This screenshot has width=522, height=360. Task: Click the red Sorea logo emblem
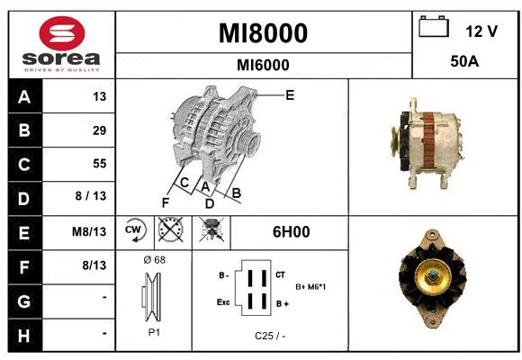[62, 33]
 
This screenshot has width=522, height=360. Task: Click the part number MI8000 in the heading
[263, 33]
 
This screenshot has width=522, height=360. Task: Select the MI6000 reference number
[263, 65]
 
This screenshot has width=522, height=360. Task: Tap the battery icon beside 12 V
[434, 26]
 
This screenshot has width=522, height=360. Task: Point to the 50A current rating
[464, 61]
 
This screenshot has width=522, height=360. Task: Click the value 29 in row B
[100, 130]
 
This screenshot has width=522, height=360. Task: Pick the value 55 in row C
[100, 164]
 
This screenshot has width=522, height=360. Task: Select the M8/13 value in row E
[89, 231]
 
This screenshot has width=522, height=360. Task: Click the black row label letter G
[24, 301]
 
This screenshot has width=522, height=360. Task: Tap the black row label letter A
[24, 97]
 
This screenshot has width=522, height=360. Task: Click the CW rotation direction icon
[134, 229]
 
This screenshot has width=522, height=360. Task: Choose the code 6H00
[292, 232]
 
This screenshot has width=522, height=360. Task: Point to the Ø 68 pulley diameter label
[155, 260]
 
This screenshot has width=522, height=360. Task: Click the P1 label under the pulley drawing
[154, 332]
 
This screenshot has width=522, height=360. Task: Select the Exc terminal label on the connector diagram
[223, 302]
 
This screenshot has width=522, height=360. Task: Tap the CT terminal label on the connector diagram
[280, 274]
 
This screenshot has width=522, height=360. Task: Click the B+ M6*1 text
[310, 287]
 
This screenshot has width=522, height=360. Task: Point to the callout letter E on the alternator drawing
[290, 95]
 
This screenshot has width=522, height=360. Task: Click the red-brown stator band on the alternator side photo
[428, 140]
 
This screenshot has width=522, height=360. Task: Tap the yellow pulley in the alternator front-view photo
[433, 276]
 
